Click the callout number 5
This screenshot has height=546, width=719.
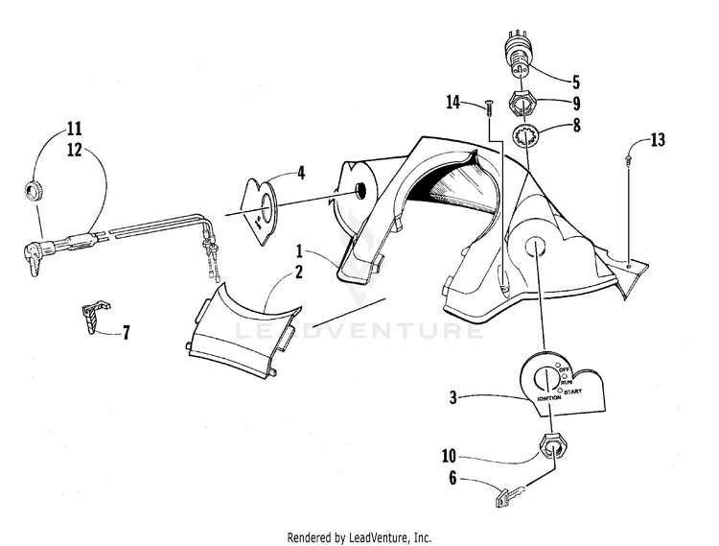[x=576, y=83]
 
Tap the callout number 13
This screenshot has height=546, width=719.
[x=657, y=140]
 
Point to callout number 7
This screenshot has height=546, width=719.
[x=125, y=333]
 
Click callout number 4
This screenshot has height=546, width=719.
[x=301, y=174]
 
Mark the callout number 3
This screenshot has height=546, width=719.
[x=453, y=397]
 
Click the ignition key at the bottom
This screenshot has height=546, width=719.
[x=511, y=497]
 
